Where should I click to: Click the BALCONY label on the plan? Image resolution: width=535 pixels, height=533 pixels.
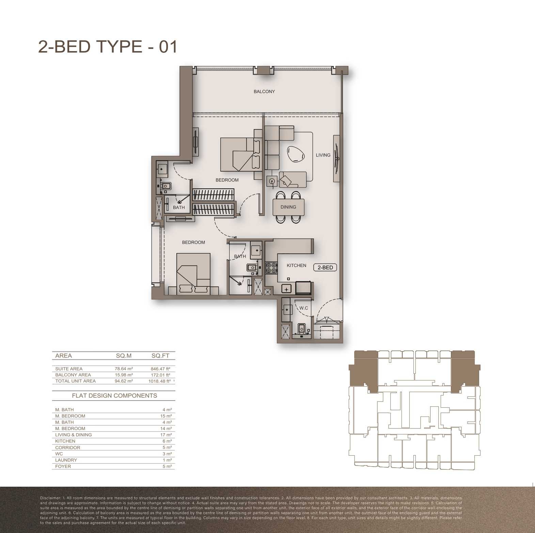[264, 91]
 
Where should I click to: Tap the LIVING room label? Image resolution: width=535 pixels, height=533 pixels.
[323, 155]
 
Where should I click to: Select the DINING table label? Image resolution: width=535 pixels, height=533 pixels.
[288, 207]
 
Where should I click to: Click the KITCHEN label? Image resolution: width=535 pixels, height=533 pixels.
[296, 265]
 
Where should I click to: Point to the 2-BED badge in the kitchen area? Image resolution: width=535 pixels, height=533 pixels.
[325, 267]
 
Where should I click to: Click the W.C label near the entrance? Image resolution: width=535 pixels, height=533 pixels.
[303, 308]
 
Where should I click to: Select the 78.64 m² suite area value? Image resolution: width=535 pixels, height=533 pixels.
[124, 369]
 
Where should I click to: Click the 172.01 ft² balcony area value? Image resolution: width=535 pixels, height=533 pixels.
[160, 375]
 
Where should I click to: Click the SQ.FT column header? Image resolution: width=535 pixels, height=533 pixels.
[160, 356]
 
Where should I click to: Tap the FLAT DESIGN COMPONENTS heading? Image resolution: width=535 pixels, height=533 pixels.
[114, 395]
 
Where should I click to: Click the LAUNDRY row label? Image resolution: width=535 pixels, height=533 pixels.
[66, 460]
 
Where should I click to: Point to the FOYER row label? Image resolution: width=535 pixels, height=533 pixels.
[63, 466]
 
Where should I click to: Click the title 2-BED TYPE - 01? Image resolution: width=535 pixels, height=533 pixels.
[108, 47]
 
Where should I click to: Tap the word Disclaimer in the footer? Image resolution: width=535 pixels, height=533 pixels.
[50, 498]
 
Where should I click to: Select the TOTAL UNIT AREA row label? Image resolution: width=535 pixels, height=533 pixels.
[75, 381]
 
